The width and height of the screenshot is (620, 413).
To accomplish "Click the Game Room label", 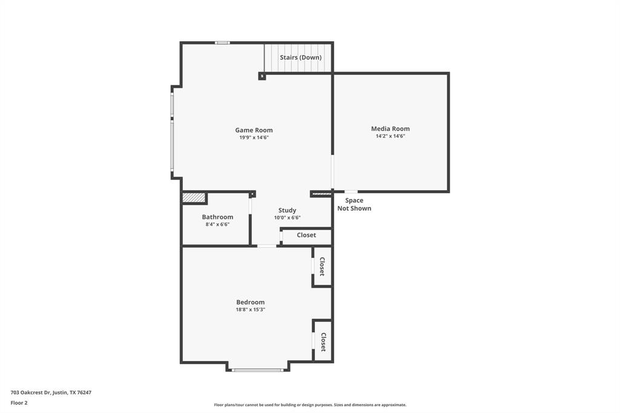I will [x=254, y=130].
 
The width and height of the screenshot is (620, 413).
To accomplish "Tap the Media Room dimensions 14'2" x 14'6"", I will [x=390, y=136].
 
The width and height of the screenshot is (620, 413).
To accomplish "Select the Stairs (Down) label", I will [x=300, y=58].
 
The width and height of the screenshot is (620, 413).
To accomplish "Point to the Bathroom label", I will [x=217, y=217].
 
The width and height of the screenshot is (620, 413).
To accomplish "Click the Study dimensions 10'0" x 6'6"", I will [x=287, y=217].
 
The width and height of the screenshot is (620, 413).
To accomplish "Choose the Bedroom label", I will [x=250, y=302].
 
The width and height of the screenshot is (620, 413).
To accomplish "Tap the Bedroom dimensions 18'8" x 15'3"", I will [x=250, y=309].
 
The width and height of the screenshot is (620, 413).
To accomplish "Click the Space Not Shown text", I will [x=354, y=204].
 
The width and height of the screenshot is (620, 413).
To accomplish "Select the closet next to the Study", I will [x=306, y=235].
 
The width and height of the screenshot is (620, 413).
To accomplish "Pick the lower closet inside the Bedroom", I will [x=323, y=342].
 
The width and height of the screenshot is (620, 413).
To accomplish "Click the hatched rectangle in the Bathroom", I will [x=194, y=198].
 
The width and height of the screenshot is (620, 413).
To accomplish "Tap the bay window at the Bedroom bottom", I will [x=257, y=369].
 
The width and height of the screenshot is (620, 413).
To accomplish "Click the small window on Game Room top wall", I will [x=222, y=42].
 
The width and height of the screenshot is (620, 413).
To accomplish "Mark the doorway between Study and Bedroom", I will [x=266, y=246].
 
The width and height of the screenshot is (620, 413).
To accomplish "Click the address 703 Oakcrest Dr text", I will [x=51, y=392].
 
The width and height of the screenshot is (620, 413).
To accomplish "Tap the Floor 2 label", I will [x=19, y=403].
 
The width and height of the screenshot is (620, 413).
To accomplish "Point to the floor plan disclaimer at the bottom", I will [x=310, y=405].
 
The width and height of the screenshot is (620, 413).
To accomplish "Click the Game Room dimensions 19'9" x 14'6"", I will [x=254, y=137].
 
